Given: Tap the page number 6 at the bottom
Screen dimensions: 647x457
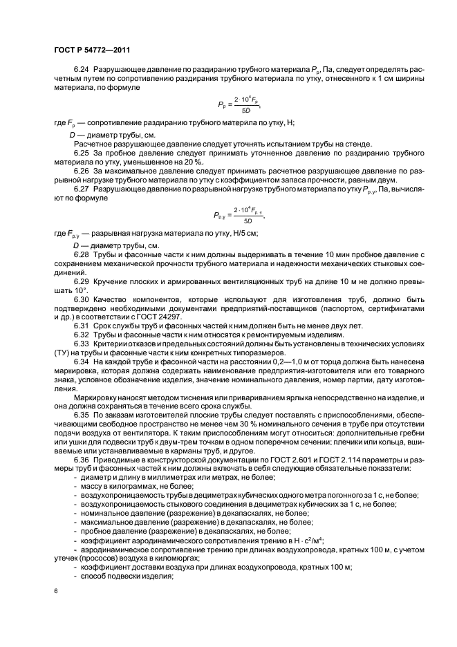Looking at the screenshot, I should [x=55, y=592].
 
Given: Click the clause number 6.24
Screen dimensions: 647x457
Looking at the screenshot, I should [x=82, y=71].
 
